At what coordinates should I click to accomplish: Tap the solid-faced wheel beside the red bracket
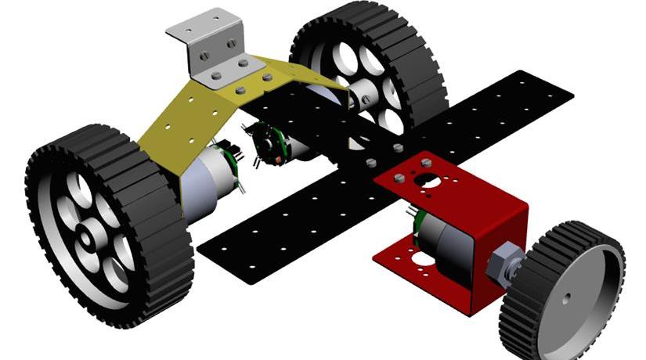(576, 293)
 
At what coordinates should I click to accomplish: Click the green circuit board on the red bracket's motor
(413, 227)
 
